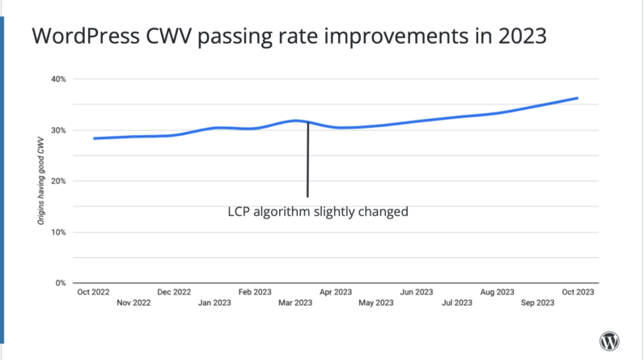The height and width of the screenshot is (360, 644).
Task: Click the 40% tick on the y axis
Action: [58, 79]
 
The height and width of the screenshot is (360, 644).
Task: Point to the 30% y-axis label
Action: [58, 130]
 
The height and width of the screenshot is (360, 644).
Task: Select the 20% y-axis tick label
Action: [58, 181]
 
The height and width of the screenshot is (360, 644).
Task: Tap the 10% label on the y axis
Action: [58, 232]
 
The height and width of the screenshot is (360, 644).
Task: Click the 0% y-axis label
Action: [60, 283]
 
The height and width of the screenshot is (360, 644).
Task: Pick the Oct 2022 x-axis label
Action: [94, 291]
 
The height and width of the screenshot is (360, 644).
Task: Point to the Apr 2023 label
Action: [336, 291]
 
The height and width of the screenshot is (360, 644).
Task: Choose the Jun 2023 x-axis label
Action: [417, 291]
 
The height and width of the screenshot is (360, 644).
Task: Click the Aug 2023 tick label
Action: [498, 291]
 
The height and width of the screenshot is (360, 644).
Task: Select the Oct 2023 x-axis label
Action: [578, 291]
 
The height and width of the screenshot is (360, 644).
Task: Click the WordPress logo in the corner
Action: [608, 341]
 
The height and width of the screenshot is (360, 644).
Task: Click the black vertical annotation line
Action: [307, 162]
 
